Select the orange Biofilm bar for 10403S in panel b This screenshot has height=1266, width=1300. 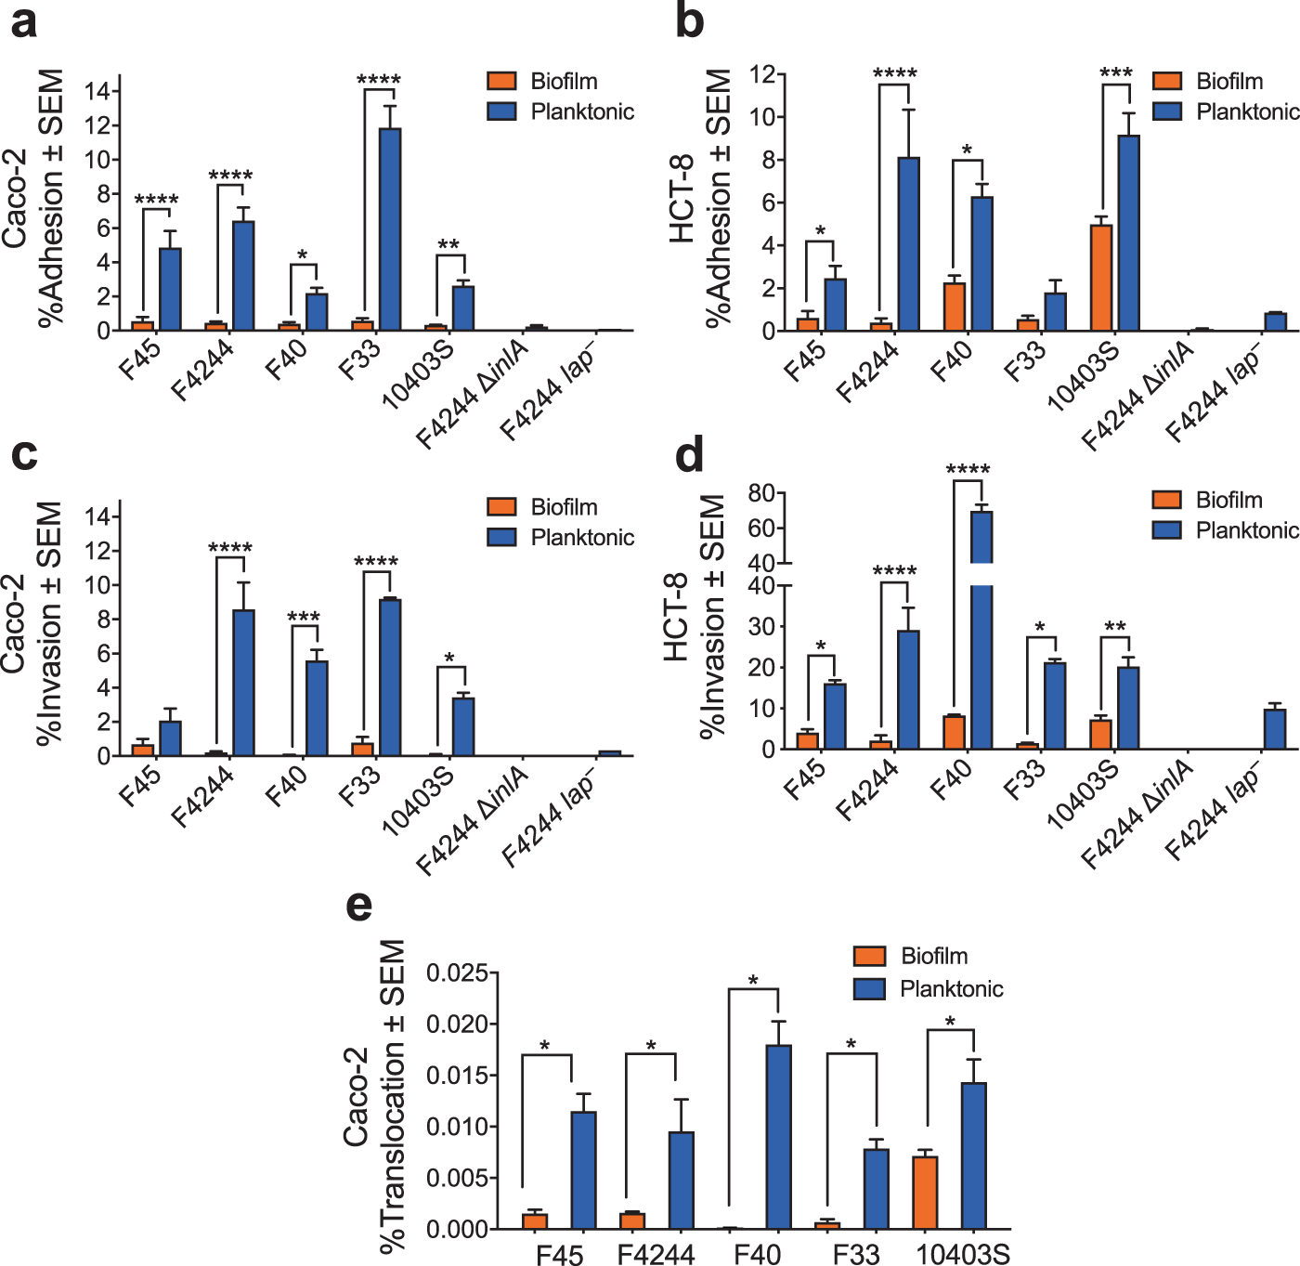coord(1101,278)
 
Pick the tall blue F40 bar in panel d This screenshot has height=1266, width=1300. coord(981,641)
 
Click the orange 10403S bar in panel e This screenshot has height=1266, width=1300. coord(925,1193)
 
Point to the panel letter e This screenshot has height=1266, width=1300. coord(358,906)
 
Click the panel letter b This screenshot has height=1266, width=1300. coord(689,20)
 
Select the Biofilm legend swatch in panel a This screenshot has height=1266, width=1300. coord(501,81)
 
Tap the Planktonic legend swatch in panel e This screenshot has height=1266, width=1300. coord(869,988)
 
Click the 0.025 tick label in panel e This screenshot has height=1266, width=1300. coord(456,973)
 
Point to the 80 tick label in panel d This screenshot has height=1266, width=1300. coord(761,493)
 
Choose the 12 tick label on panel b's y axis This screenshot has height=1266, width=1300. coord(762,74)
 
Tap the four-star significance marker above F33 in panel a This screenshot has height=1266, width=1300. coord(379,80)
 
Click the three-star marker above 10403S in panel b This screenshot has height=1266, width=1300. coord(1115,73)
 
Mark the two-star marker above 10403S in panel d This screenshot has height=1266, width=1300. coord(1114,627)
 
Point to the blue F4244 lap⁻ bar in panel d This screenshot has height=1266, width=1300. coord(1275,729)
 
